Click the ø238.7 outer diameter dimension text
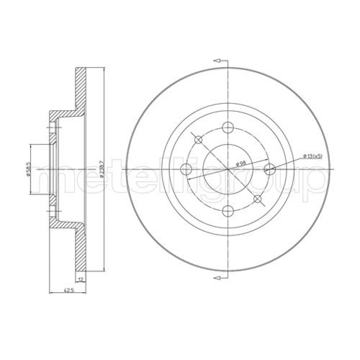click(x=102, y=169)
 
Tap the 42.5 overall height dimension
click(x=67, y=290)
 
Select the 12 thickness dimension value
click(x=81, y=279)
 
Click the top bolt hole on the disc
click(x=229, y=127)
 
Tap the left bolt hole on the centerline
click(x=186, y=169)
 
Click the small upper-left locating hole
click(x=199, y=140)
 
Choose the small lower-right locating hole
click(x=258, y=199)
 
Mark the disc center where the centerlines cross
click(x=229, y=169)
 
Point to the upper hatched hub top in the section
click(x=63, y=114)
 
